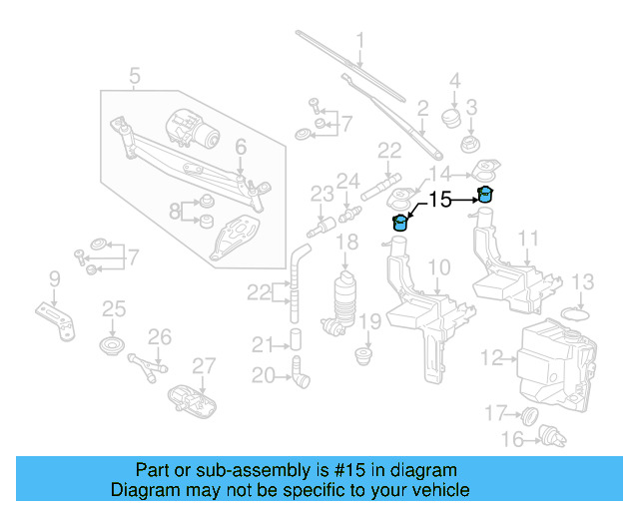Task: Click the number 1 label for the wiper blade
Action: pyautogui.click(x=360, y=41)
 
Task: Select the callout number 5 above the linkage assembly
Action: pyautogui.click(x=135, y=74)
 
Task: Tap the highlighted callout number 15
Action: pyautogui.click(x=440, y=200)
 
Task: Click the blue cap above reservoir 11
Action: pyautogui.click(x=486, y=194)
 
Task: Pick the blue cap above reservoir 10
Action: pyautogui.click(x=400, y=222)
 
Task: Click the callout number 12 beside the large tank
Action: pyautogui.click(x=491, y=356)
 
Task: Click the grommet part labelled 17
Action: pyautogui.click(x=530, y=413)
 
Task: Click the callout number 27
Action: pyautogui.click(x=203, y=365)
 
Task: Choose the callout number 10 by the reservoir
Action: pyautogui.click(x=439, y=266)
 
